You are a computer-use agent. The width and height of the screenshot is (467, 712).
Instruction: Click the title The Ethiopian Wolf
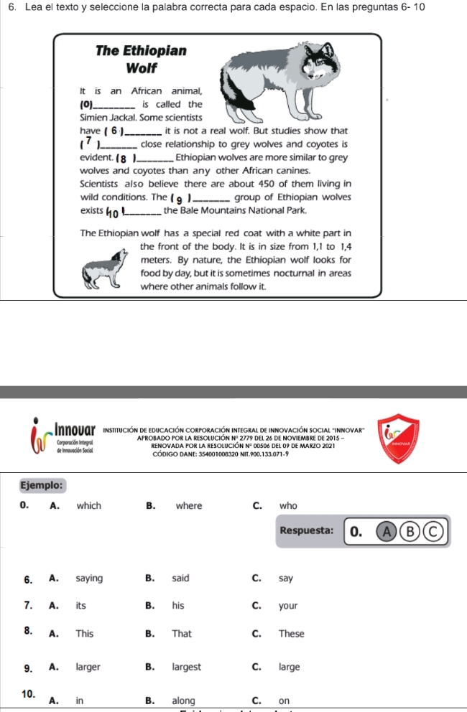point(141,60)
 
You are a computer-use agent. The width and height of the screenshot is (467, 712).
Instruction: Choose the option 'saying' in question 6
point(90,578)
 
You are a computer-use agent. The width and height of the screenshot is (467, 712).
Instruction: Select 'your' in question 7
point(288,606)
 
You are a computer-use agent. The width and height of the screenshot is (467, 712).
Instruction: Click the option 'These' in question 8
point(291,634)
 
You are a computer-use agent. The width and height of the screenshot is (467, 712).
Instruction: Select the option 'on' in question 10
point(284,700)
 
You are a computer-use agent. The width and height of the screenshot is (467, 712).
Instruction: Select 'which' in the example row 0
point(89,505)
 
